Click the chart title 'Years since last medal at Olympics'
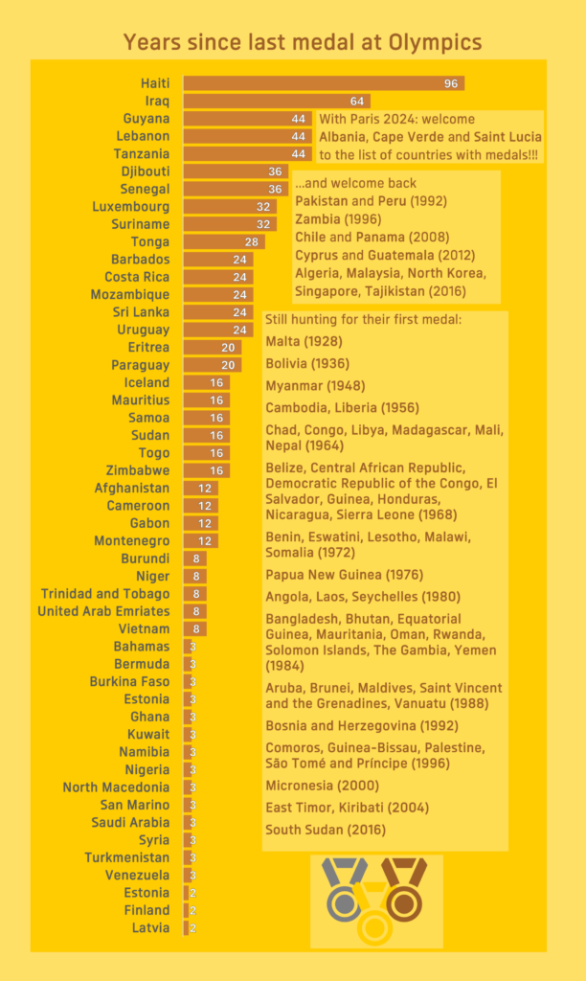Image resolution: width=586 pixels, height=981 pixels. (x=302, y=42)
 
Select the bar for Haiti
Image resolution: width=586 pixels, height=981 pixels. (x=324, y=83)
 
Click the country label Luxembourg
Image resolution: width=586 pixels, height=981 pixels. (x=130, y=207)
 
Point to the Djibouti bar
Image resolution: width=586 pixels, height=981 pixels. (x=236, y=171)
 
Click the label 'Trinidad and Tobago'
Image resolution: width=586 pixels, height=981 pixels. (x=105, y=594)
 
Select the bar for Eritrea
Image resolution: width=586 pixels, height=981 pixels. (x=213, y=348)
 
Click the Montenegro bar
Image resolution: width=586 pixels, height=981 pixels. (x=201, y=541)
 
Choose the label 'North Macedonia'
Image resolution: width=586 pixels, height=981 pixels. (x=116, y=787)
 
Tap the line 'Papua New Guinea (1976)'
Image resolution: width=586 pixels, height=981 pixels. (x=332, y=576)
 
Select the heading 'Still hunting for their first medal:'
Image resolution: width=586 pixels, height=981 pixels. (x=363, y=319)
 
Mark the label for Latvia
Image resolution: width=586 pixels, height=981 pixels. (x=151, y=928)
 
